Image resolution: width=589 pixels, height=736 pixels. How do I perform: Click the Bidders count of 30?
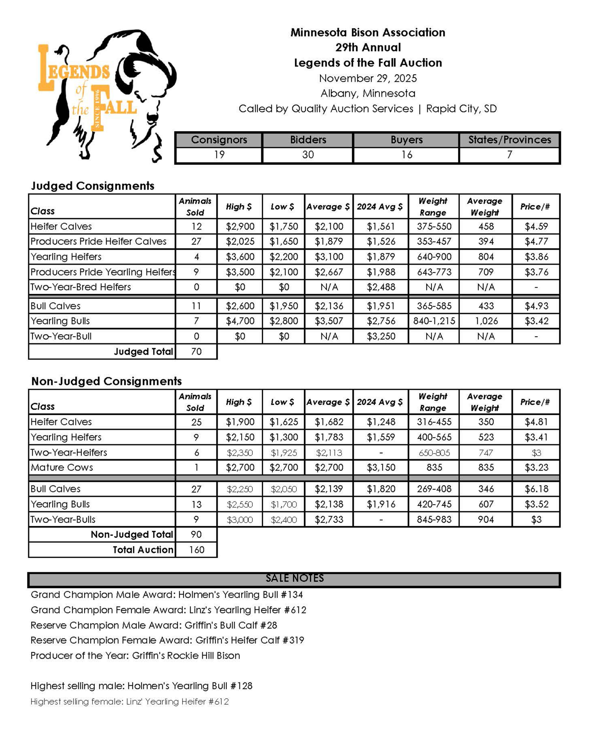pyautogui.click(x=308, y=155)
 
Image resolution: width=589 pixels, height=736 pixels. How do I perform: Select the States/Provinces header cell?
pyautogui.click(x=509, y=140)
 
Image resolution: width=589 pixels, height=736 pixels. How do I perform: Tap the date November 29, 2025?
pyautogui.click(x=368, y=78)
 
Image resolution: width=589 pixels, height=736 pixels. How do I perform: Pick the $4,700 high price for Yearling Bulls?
pyautogui.click(x=240, y=321)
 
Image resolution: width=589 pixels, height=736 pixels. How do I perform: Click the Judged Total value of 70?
pyautogui.click(x=196, y=352)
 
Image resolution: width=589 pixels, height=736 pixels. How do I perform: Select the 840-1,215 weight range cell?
pyautogui.click(x=434, y=321)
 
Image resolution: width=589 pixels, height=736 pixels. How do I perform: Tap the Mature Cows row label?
pyautogui.click(x=62, y=467)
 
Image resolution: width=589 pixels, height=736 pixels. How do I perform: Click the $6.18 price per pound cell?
pyautogui.click(x=536, y=489)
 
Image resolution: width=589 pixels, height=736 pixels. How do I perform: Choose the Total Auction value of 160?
pyautogui.click(x=196, y=550)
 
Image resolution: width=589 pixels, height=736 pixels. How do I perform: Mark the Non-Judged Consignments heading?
pyautogui.click(x=106, y=381)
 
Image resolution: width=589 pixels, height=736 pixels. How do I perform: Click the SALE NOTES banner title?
pyautogui.click(x=294, y=578)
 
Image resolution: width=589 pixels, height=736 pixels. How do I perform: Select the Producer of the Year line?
pyautogui.click(x=135, y=655)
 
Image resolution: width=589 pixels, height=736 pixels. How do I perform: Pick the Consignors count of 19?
pyautogui.click(x=219, y=155)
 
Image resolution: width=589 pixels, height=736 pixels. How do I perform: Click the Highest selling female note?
pyautogui.click(x=129, y=701)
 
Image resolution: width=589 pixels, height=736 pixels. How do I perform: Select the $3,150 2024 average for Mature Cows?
pyautogui.click(x=381, y=467)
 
